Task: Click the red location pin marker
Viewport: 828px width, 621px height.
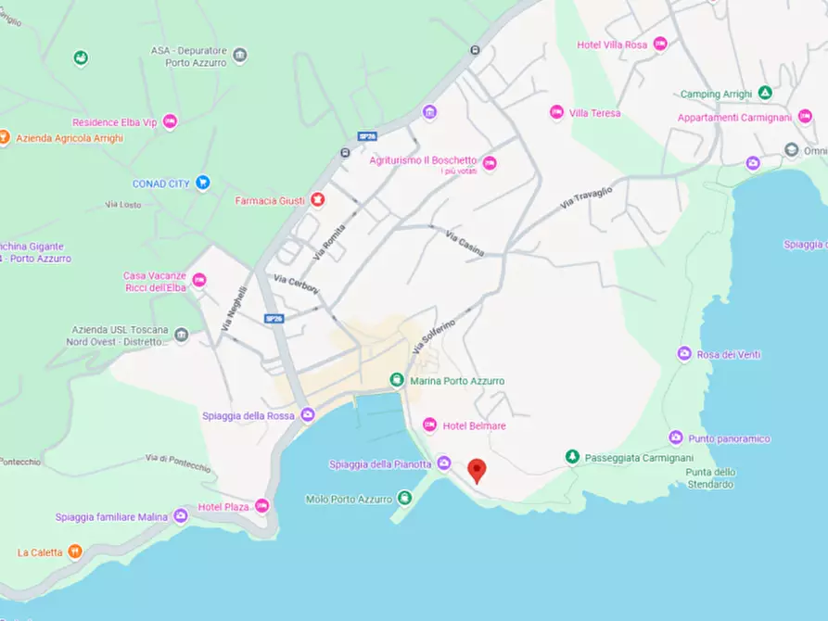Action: [477, 469]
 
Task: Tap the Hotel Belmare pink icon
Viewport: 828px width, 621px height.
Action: [429, 425]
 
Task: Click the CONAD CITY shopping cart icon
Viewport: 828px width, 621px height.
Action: [203, 183]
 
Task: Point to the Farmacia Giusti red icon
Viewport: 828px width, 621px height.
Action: [317, 200]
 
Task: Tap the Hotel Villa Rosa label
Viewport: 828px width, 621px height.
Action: [612, 44]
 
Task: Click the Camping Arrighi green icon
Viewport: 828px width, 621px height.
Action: [765, 93]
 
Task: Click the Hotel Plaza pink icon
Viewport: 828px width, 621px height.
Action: [261, 506]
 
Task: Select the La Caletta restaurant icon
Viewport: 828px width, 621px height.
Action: [74, 552]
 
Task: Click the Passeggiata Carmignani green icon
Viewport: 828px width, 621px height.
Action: [572, 456]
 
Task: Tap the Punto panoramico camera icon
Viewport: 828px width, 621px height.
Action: [676, 437]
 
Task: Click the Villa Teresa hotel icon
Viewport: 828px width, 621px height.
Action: [556, 112]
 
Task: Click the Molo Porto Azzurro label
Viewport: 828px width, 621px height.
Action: [349, 499]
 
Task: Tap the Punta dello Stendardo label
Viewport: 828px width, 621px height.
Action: [710, 478]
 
